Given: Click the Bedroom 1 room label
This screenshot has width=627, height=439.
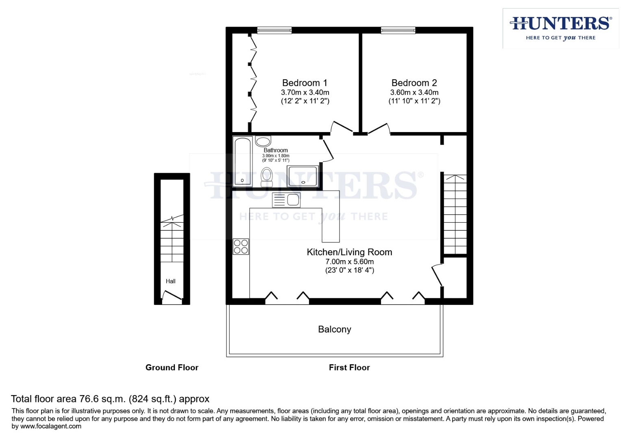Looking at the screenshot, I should point(305,83).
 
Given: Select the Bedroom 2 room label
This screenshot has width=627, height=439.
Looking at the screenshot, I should point(414,83).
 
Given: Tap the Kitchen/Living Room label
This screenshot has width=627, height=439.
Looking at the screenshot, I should point(349,252).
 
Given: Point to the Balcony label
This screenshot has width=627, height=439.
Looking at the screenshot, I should point(334,329).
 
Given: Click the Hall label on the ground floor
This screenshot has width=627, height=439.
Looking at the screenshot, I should point(170,281).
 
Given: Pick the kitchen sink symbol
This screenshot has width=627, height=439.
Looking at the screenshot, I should point(286,200).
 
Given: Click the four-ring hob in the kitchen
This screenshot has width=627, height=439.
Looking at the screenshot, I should point(241,247).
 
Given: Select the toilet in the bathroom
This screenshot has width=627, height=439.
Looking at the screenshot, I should point(267,176).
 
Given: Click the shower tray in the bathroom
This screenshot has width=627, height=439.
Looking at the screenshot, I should point(302,176).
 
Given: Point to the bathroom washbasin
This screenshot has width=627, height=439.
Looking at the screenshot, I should point(263,141).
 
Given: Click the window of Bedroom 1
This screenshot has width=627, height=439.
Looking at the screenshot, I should point(274,30).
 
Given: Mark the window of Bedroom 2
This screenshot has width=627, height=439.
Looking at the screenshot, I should point(398,30).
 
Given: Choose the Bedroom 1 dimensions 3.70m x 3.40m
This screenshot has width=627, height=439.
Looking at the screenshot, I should point(305,93).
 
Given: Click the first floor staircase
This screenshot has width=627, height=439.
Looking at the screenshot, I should point(455,215).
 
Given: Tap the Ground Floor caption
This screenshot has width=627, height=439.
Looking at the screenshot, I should point(172,367).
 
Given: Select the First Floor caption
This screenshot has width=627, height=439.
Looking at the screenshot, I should point(349,367).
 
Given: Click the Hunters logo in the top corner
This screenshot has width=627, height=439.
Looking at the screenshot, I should point(560,28).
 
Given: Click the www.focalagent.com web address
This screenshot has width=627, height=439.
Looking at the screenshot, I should point(51,426).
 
